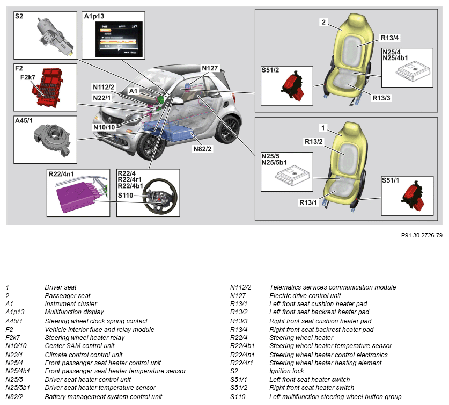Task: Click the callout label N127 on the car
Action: (210, 68)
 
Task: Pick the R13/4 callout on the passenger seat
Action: (390, 38)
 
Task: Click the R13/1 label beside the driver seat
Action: (308, 202)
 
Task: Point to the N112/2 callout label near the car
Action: (103, 87)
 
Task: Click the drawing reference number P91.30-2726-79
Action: (422, 235)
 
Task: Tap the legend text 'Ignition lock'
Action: (286, 371)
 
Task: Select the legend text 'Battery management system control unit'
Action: (103, 397)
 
